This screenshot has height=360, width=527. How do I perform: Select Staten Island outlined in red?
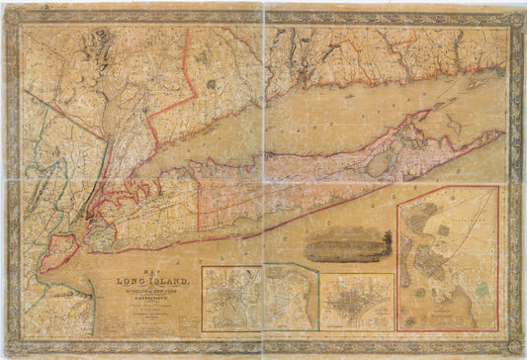click(58, 246)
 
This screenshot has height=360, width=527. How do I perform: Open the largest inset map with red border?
click(447, 258)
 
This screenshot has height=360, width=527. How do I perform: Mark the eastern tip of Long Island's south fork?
click(502, 134)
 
